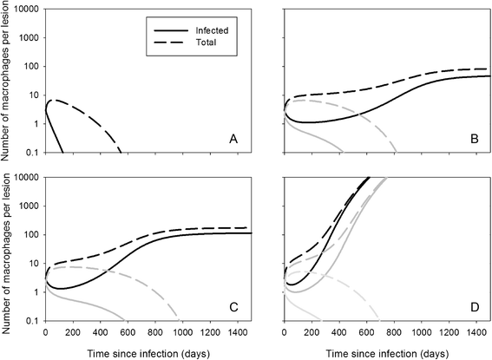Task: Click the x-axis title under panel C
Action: click(x=147, y=352)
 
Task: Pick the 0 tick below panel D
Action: click(x=285, y=332)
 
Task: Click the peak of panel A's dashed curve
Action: click(x=54, y=101)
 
